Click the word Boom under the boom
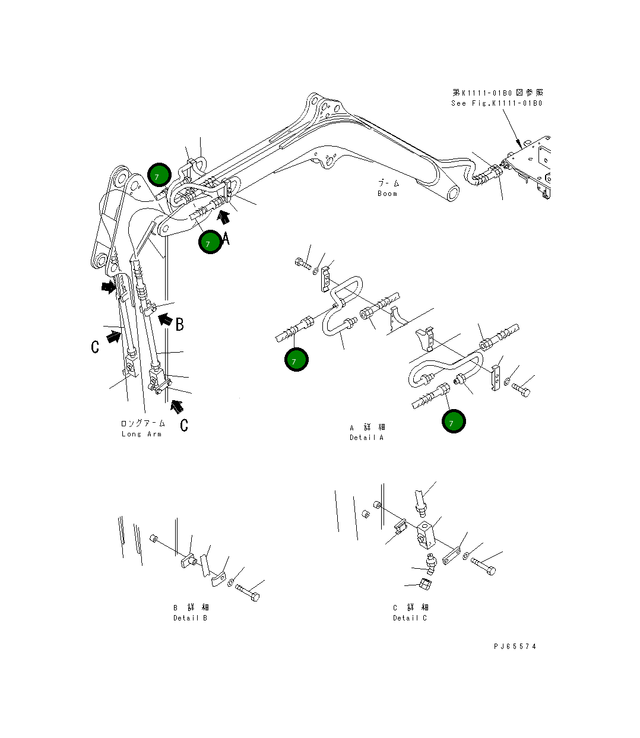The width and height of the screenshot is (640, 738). (x=387, y=194)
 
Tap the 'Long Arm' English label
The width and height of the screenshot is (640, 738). (x=141, y=434)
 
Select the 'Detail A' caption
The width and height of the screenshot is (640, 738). (x=366, y=438)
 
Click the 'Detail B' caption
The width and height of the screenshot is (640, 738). (x=190, y=618)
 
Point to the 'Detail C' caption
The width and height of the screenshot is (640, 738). (x=410, y=618)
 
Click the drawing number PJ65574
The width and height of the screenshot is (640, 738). (x=515, y=647)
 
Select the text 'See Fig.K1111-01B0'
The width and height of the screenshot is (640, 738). (x=496, y=103)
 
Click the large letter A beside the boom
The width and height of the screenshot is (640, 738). (x=226, y=239)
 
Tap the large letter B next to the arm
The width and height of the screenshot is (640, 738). (x=179, y=324)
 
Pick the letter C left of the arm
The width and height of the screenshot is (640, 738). (x=95, y=347)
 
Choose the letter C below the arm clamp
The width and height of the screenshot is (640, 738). (x=184, y=425)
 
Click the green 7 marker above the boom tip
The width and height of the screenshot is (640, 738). (x=159, y=175)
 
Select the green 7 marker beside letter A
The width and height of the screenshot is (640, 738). (x=210, y=242)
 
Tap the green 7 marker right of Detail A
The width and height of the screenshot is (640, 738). (x=454, y=422)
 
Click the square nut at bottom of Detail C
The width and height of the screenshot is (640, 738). (x=424, y=584)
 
